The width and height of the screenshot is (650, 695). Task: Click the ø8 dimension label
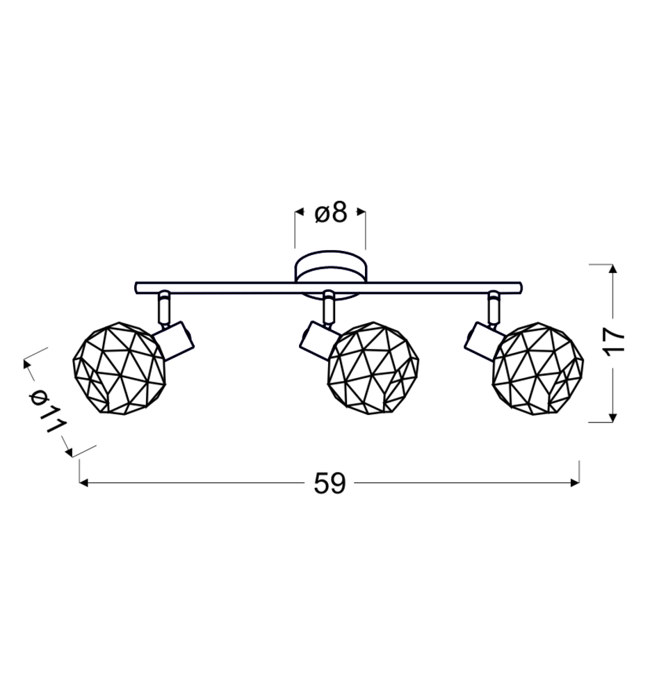(x=331, y=213)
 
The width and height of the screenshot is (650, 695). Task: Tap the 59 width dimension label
(x=330, y=483)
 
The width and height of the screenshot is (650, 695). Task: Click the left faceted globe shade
(x=120, y=369)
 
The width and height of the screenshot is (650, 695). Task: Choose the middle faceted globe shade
(x=373, y=368)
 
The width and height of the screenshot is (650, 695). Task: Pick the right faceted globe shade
(x=538, y=369)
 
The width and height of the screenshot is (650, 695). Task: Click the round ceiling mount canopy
(x=331, y=267)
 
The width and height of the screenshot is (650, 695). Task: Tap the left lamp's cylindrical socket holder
(x=174, y=340)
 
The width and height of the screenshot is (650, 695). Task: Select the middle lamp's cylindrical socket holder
(x=319, y=338)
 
